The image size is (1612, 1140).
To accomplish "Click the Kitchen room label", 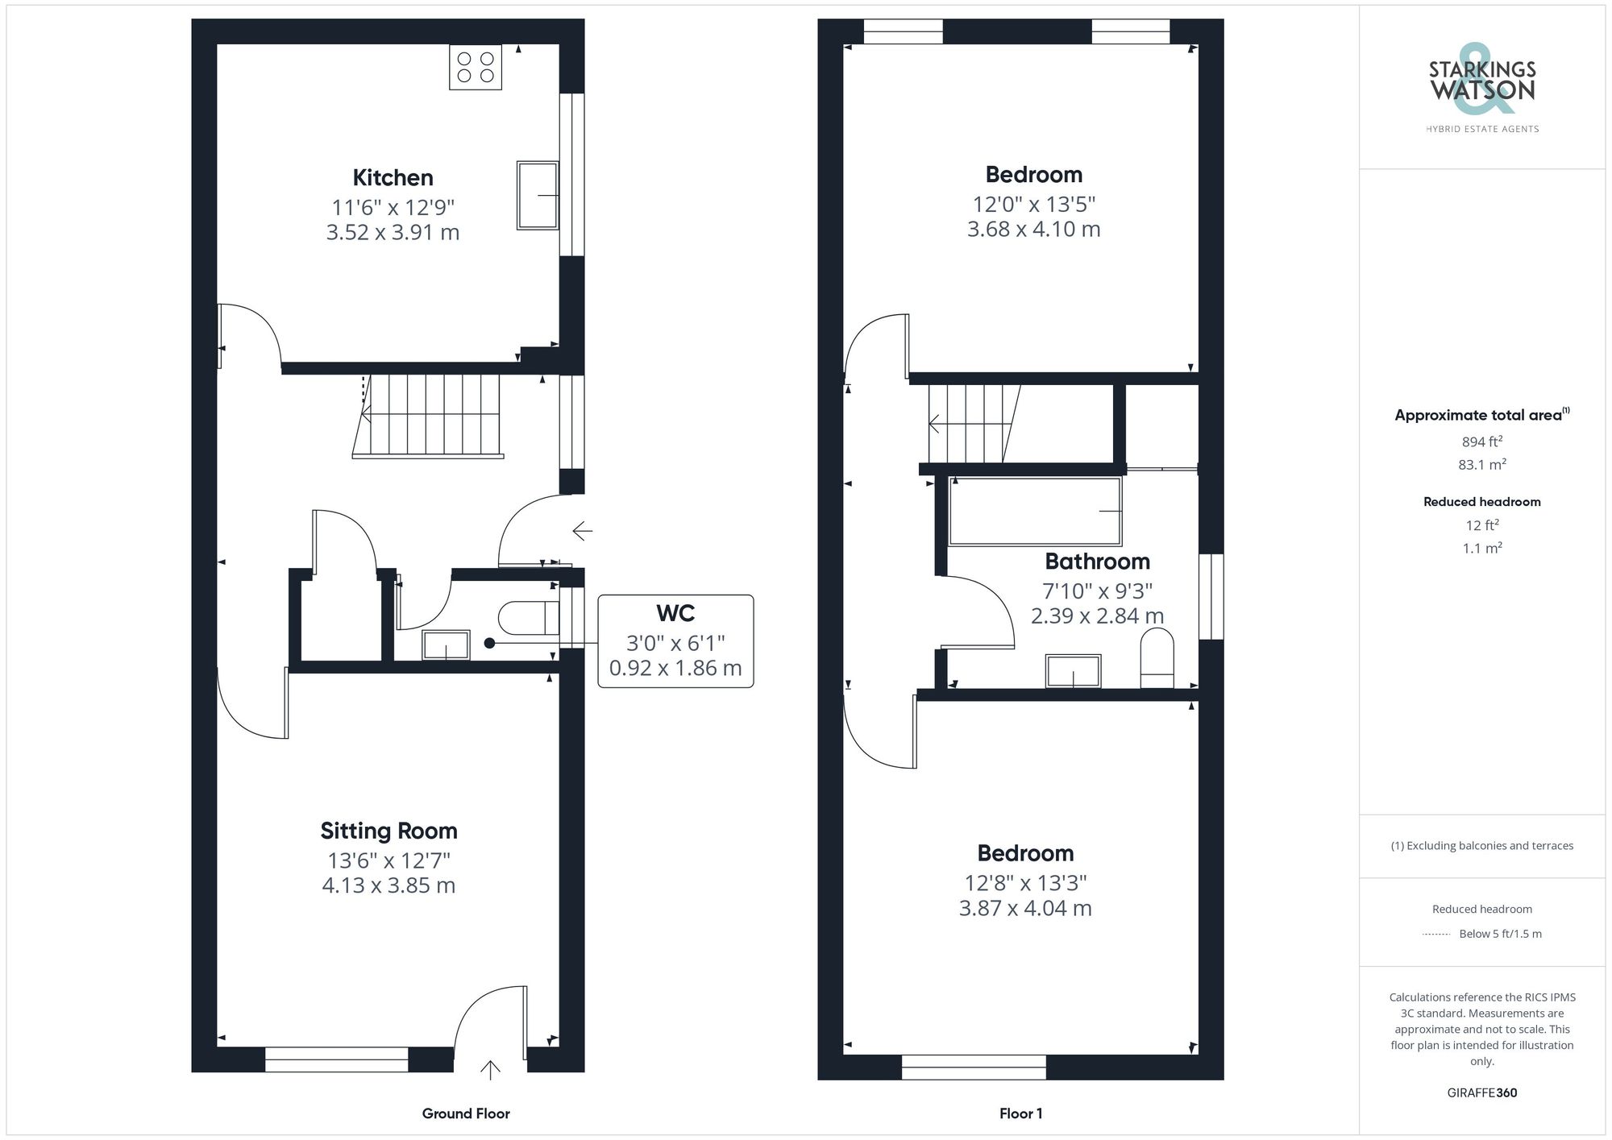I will tap(393, 177).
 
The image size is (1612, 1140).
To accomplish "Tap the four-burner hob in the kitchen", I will tap(476, 67).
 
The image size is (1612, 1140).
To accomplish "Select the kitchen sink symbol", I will tap(538, 195).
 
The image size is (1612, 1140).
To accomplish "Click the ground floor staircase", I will tap(428, 417).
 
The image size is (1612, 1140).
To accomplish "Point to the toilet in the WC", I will tap(529, 619).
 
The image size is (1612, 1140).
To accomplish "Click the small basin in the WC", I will tap(446, 645).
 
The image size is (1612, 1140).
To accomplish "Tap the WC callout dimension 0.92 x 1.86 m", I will tap(675, 668).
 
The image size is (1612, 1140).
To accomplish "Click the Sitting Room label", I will tap(388, 831).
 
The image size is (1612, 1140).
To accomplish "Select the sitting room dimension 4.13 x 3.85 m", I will tap(388, 885).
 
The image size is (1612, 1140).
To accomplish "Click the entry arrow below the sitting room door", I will tap(490, 1070).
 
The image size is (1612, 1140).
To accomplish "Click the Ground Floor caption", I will tap(466, 1113).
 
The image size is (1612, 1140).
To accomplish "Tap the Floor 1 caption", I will tap(1020, 1113).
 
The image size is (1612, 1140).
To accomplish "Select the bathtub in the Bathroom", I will tap(1035, 511).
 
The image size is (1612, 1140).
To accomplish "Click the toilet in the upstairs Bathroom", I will tap(1157, 658).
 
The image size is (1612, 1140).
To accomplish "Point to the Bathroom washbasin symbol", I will tap(1073, 670).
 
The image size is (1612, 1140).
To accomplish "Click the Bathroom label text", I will tap(1097, 562).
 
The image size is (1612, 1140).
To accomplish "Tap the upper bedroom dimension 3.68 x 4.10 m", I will tap(1033, 229).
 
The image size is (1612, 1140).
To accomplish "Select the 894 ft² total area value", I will tap(1481, 441).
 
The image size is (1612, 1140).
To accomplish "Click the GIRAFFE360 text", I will tap(1481, 1092).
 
